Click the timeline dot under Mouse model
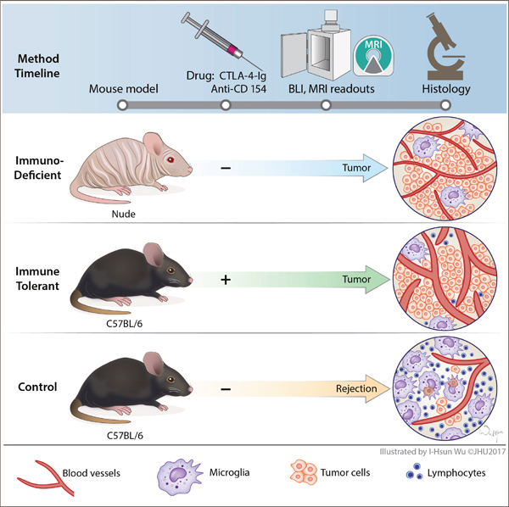click(123, 105)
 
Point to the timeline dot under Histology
click(444, 105)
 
